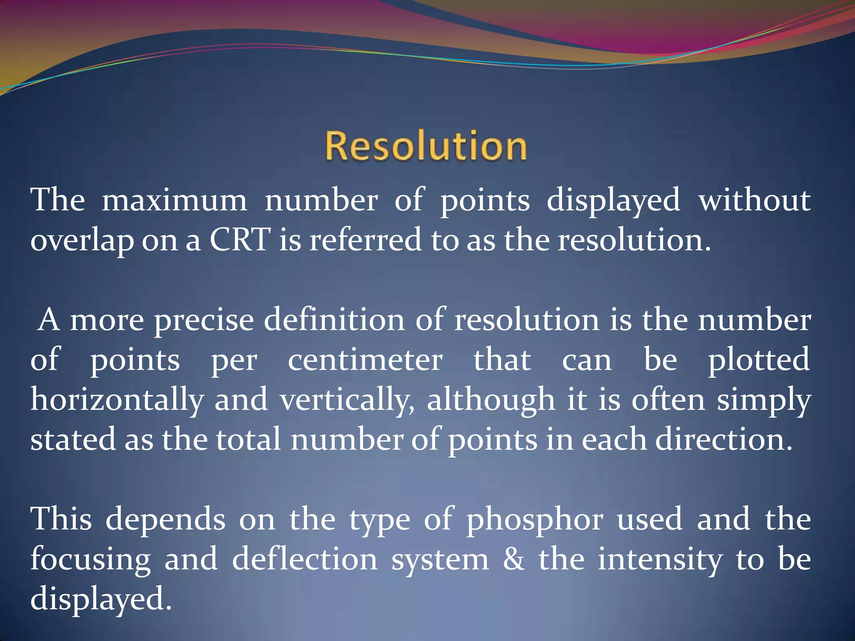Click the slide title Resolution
[426, 146]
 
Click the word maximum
[175, 200]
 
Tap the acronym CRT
[239, 240]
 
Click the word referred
[365, 240]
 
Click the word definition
[334, 320]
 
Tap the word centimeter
[365, 360]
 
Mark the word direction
[723, 440]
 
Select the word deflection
[305, 559]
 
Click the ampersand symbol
[514, 559]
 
